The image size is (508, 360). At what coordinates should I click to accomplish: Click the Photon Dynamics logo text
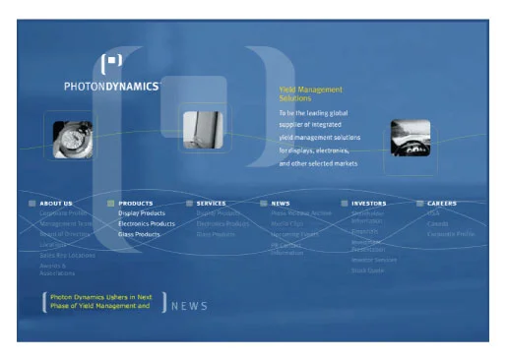pyautogui.click(x=111, y=87)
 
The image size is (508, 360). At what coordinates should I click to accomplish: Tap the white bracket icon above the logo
pyautogui.click(x=113, y=62)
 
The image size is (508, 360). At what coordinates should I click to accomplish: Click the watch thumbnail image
pyautogui.click(x=72, y=138)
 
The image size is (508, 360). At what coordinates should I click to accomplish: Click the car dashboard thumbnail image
pyautogui.click(x=410, y=139)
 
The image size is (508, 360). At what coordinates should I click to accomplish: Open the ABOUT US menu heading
pyautogui.click(x=56, y=204)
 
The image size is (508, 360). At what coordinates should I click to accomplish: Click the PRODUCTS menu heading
pyautogui.click(x=136, y=204)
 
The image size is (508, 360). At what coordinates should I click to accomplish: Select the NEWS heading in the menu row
pyautogui.click(x=282, y=204)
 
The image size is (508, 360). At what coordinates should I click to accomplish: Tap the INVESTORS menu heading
pyautogui.click(x=368, y=204)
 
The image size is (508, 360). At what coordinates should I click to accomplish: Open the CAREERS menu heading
pyautogui.click(x=441, y=204)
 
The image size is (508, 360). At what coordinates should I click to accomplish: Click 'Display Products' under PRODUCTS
pyautogui.click(x=142, y=213)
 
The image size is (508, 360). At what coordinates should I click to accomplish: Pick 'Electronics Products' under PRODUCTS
pyautogui.click(x=147, y=224)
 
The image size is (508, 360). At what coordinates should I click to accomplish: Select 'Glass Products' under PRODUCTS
pyautogui.click(x=139, y=235)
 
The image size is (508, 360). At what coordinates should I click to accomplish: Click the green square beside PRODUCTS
pyautogui.click(x=111, y=204)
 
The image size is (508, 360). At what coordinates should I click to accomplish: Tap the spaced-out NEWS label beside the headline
pyautogui.click(x=190, y=306)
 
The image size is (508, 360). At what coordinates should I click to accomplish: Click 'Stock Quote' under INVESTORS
pyautogui.click(x=367, y=270)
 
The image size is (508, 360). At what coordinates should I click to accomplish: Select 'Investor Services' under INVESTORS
pyautogui.click(x=373, y=260)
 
